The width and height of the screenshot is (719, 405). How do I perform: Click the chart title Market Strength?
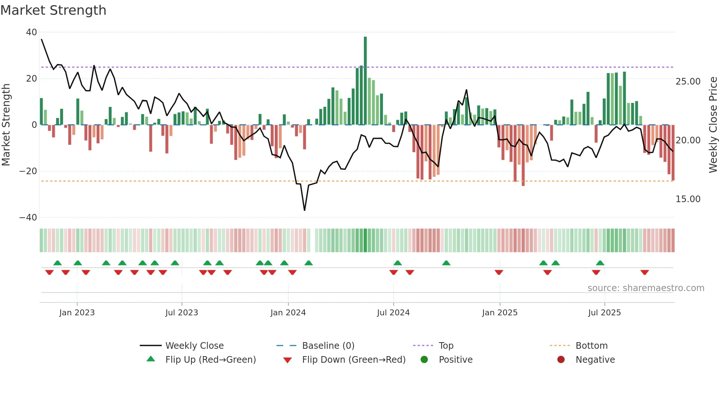(53, 10)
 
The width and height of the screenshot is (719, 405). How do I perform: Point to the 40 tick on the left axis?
(32, 32)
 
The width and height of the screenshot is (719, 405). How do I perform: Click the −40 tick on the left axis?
(28, 218)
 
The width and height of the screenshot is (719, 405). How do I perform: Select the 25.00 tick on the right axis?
(688, 82)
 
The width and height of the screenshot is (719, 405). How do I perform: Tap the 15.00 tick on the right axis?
(688, 199)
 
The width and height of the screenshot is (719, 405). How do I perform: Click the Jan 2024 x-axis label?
(288, 313)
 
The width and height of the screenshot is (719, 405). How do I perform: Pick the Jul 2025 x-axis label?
(604, 313)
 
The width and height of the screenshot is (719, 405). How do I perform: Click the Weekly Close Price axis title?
(713, 125)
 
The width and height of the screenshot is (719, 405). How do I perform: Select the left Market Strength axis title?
(6, 125)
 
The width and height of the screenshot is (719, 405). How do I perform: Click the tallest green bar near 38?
(365, 81)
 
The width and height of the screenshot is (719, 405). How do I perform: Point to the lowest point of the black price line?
(304, 210)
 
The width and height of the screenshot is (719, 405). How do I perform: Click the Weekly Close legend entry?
(194, 346)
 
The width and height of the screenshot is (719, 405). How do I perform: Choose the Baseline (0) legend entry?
(328, 346)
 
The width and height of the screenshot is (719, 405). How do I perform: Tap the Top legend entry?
(446, 346)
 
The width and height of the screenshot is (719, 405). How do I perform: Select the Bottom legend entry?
(591, 346)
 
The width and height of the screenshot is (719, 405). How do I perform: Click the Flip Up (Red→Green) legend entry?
(210, 360)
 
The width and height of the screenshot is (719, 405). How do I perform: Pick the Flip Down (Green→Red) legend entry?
(353, 360)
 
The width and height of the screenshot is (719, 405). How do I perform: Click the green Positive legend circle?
(424, 360)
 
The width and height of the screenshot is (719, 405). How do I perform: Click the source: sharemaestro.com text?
(646, 288)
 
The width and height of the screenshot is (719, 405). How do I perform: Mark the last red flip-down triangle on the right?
(645, 272)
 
